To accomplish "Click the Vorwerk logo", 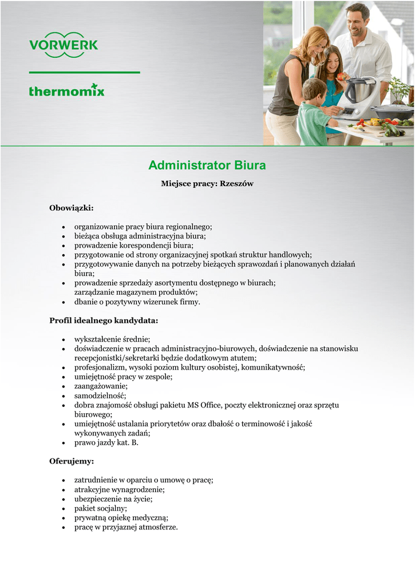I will click(x=64, y=45).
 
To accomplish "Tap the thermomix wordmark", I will click(x=67, y=90).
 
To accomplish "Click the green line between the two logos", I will click(x=84, y=73).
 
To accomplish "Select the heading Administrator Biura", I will click(x=207, y=165).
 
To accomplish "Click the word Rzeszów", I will click(x=236, y=184).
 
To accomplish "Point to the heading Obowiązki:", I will click(x=72, y=207).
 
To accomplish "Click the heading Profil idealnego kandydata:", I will click(x=104, y=320).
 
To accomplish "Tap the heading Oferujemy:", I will click(x=72, y=461).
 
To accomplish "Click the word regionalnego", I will click(x=187, y=227).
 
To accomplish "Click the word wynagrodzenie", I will click(x=138, y=489).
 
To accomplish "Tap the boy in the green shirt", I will click(x=314, y=114).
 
